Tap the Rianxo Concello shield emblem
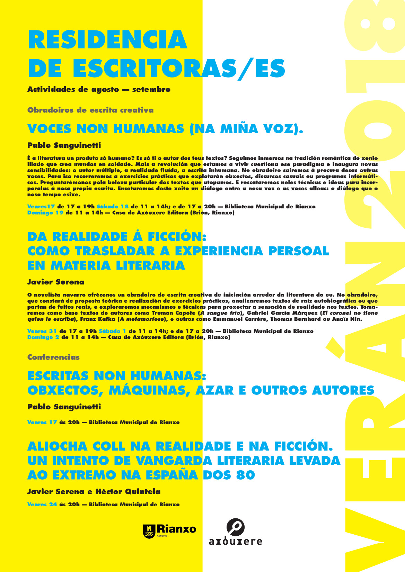149,531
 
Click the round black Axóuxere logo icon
236,527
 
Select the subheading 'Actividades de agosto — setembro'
99,90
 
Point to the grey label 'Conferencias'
53,357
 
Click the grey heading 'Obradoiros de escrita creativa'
90,110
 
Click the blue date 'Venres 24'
42,505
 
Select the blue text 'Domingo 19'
45,213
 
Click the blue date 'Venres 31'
42,331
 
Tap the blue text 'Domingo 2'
43,337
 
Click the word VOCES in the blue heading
49,129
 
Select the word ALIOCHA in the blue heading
57,446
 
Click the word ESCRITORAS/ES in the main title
179,68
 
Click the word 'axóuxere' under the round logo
236,541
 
